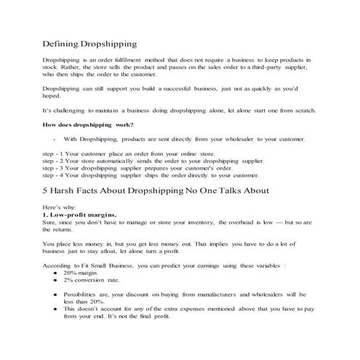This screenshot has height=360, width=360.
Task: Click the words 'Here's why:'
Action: (x=58, y=207)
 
